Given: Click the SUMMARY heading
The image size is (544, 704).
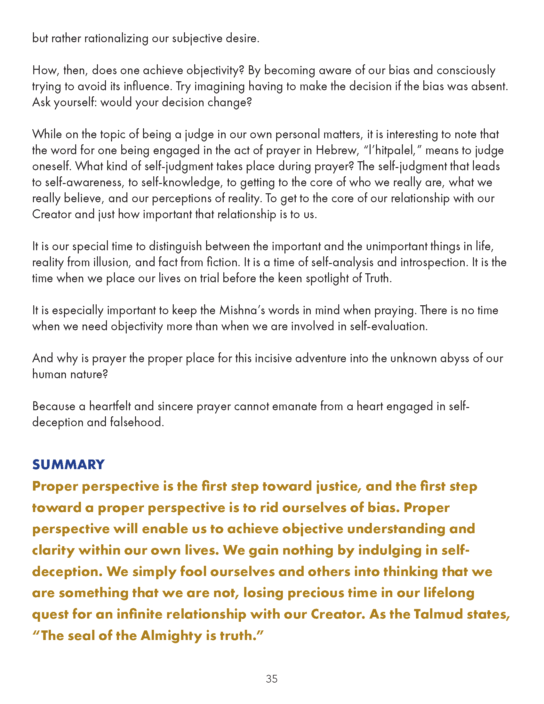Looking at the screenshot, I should tap(68, 465).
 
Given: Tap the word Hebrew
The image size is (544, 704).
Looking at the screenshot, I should tap(336, 150).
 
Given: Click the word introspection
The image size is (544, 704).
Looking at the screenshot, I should tap(433, 262).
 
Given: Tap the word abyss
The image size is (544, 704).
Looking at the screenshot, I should tap(454, 358).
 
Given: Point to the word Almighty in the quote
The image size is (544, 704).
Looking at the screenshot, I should tap(171, 636).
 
